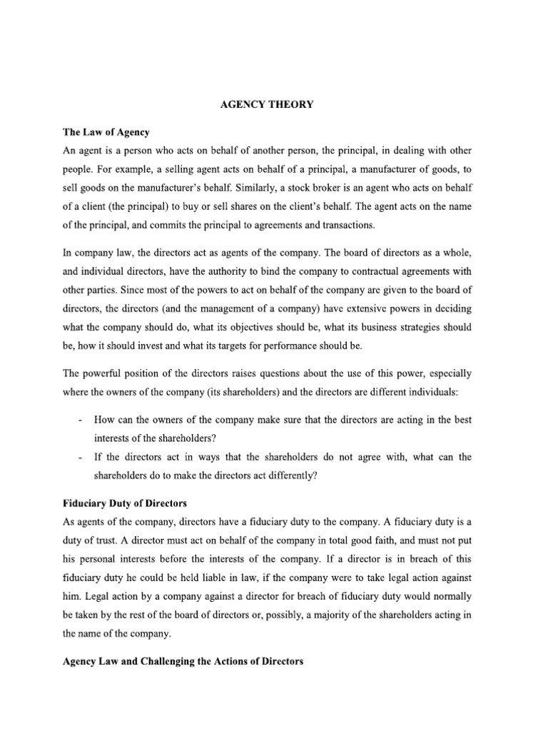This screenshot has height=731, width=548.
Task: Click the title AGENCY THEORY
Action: coord(266,105)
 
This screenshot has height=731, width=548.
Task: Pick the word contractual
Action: coord(366,271)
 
